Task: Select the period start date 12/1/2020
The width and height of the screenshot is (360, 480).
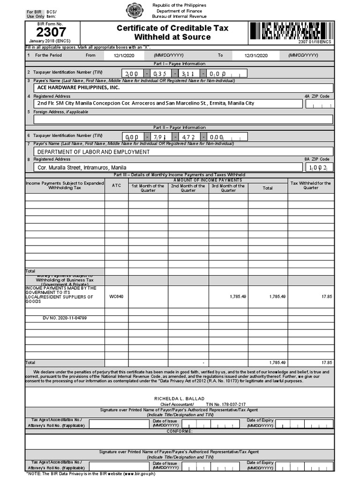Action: point(124,55)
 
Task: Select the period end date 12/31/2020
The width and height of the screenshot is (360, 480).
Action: point(255,55)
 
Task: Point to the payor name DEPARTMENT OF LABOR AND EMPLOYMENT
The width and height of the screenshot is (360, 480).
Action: point(94,152)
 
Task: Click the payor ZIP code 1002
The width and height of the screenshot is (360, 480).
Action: point(320,167)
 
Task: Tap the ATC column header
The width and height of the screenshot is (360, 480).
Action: point(116,186)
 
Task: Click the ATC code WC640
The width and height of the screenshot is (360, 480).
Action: point(116,297)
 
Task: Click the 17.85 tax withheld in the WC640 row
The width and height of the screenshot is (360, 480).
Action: point(326,297)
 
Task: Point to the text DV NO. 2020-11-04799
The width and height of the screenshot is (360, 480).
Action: point(65,318)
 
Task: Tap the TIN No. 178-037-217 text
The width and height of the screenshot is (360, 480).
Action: point(226,404)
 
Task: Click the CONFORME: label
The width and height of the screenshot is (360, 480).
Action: point(180,431)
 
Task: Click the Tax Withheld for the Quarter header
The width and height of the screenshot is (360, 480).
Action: point(311,186)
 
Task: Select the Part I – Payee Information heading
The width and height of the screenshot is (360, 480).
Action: point(180,64)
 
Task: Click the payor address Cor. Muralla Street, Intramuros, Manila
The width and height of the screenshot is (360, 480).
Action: point(82,167)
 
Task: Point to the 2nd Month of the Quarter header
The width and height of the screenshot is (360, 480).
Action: point(188,188)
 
